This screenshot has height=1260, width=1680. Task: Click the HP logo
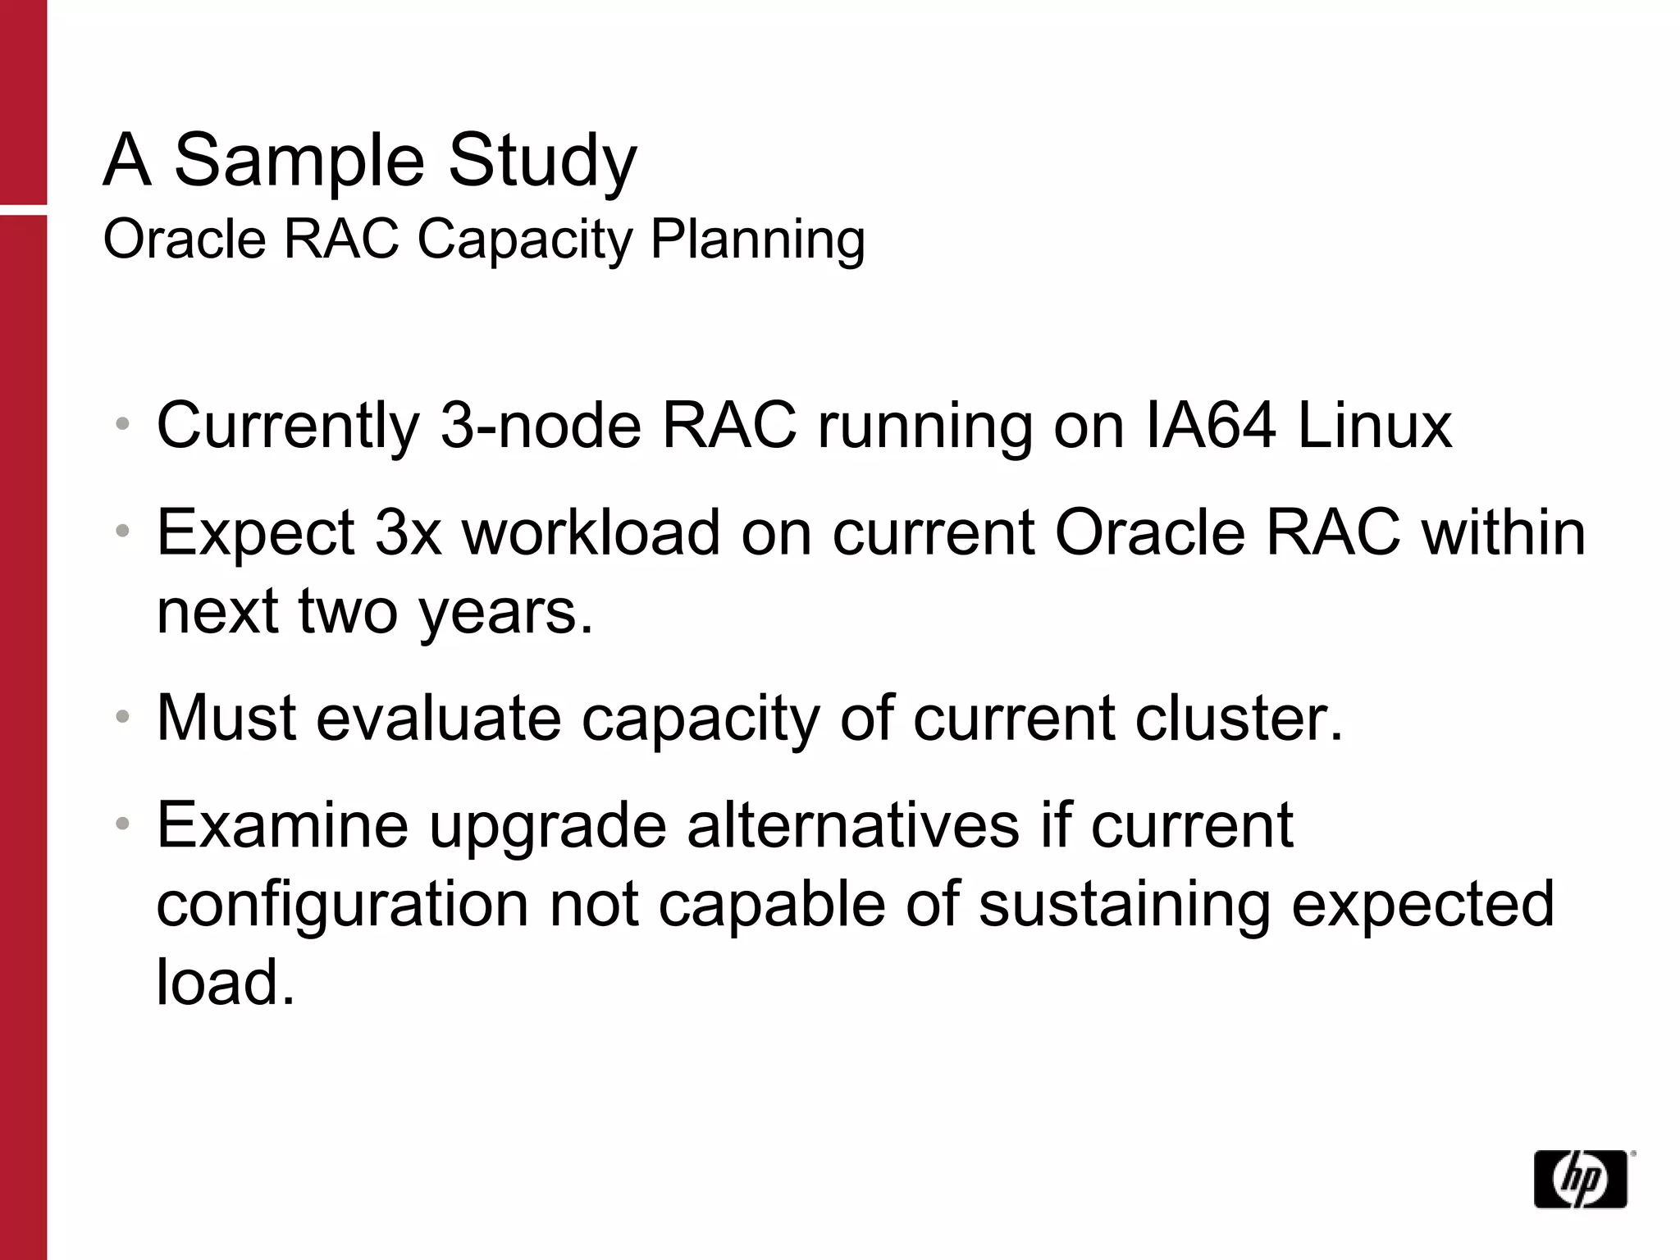tap(1580, 1178)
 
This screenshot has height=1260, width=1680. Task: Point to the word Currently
tap(288, 426)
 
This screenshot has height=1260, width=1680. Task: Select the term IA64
tap(1210, 426)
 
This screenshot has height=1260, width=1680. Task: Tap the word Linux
tap(1375, 426)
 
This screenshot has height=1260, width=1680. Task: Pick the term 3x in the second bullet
tap(408, 532)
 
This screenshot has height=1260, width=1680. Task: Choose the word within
tap(1504, 532)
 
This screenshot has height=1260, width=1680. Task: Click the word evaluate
tap(438, 718)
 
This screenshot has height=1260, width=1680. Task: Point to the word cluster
tap(1239, 718)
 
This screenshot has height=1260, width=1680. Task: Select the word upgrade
tap(547, 825)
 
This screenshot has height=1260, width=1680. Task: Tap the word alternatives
tap(853, 825)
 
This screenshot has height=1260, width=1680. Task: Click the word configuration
tap(342, 904)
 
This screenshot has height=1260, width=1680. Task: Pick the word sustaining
tap(1124, 904)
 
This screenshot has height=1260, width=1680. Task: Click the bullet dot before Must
tap(123, 718)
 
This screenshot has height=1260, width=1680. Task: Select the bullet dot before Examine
tap(123, 824)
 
